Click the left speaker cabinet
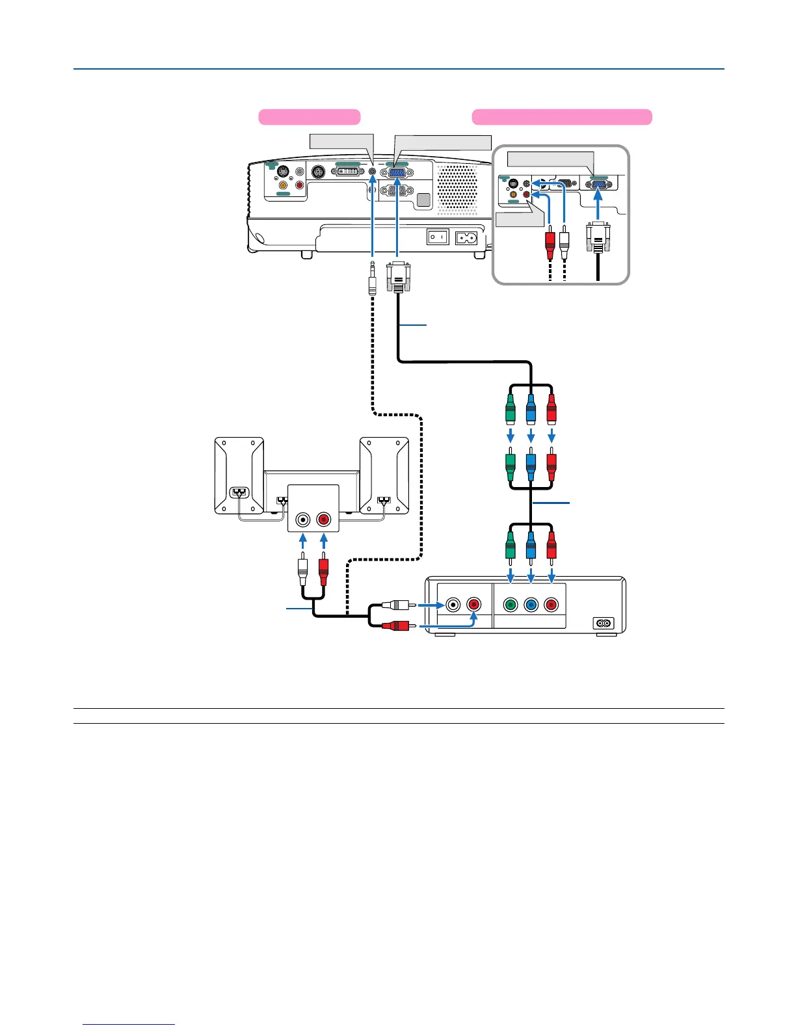tap(239, 475)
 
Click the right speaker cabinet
tap(384, 475)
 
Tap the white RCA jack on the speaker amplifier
tap(303, 520)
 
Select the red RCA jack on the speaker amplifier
tap(323, 520)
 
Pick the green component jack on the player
tap(511, 605)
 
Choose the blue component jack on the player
tap(531, 605)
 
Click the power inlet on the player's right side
tap(604, 622)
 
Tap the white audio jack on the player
tap(453, 605)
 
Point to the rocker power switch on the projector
tap(438, 237)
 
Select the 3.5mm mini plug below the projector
tap(372, 278)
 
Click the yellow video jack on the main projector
tap(283, 185)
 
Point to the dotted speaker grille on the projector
tap(457, 188)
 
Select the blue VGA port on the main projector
tap(397, 172)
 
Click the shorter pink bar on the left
tap(310, 117)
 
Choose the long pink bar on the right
tap(561, 117)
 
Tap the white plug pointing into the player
tap(396, 605)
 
